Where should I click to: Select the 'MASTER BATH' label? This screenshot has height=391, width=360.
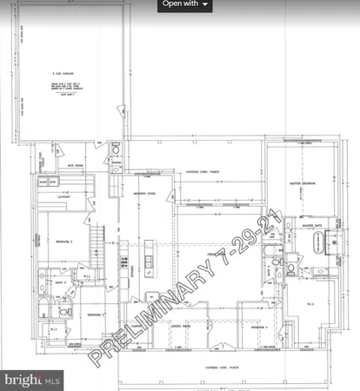click(x=312, y=226)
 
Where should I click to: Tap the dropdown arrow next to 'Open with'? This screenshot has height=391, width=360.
click(x=206, y=5)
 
